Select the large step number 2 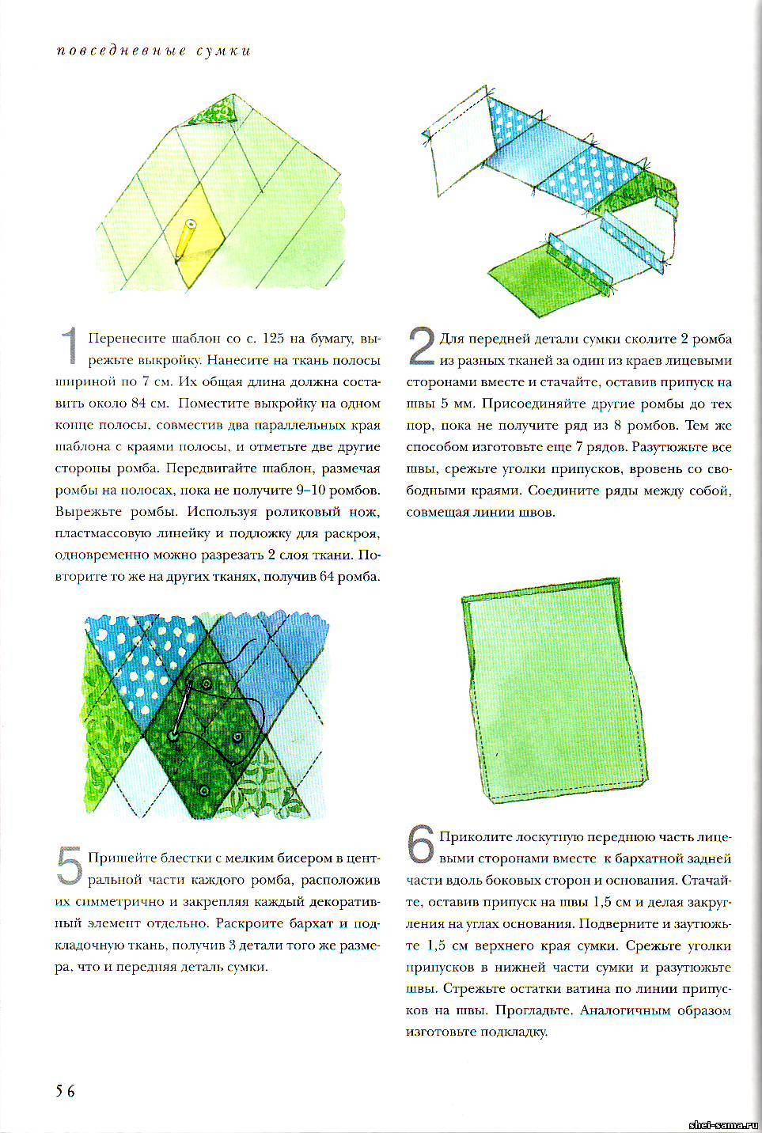pos(421,347)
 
